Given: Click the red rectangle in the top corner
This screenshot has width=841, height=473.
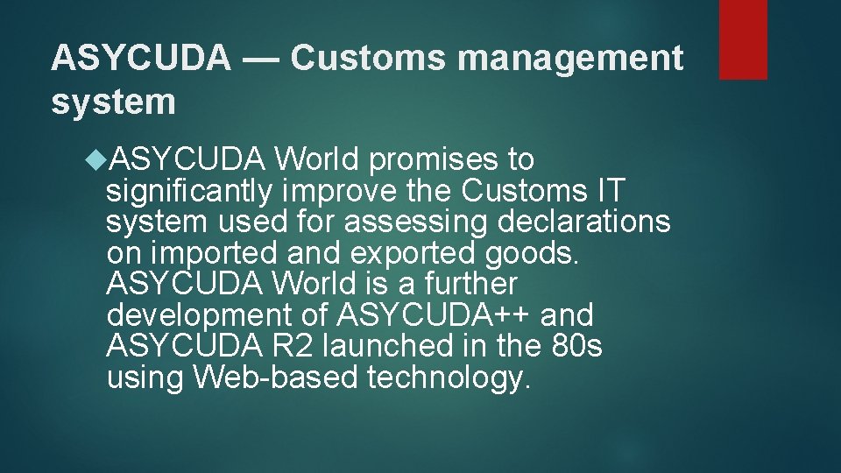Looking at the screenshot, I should click(743, 39).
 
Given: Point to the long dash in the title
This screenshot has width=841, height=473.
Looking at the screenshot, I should click(261, 58).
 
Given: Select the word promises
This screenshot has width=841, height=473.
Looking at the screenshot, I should click(426, 160).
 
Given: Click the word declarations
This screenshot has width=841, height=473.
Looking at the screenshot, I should click(583, 222).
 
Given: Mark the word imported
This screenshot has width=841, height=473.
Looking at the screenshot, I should click(210, 253).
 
